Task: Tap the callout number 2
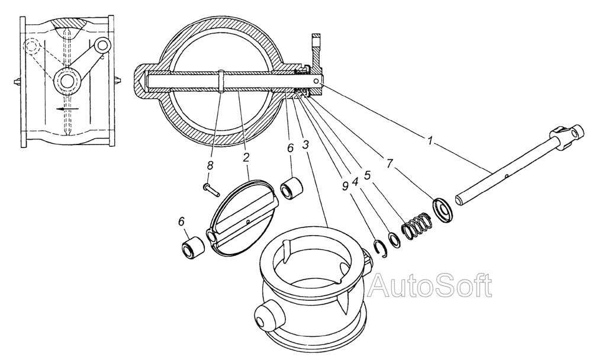click(x=246, y=157)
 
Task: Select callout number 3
click(x=306, y=144)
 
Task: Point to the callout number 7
click(x=390, y=163)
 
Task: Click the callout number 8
click(x=210, y=165)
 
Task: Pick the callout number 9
click(x=345, y=186)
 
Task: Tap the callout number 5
click(x=367, y=175)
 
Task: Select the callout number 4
click(x=355, y=182)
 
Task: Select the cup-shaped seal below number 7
click(x=444, y=209)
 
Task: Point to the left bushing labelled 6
click(x=193, y=248)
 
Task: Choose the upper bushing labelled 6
click(x=292, y=189)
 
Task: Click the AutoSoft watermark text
click(x=430, y=285)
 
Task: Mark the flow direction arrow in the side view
click(x=68, y=109)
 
